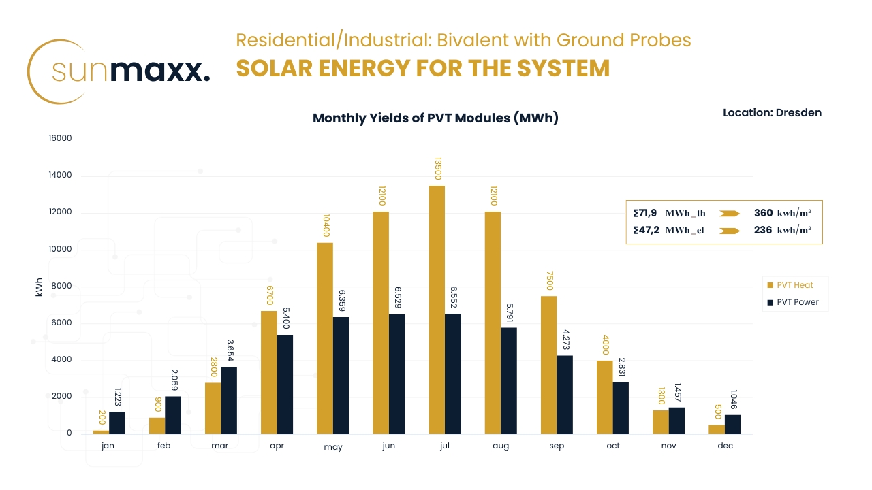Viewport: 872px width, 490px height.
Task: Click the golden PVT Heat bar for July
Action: point(437,310)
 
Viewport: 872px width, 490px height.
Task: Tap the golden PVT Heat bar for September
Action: point(548,365)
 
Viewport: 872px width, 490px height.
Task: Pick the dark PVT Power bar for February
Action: point(173,414)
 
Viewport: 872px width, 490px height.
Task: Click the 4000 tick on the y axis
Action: point(61,360)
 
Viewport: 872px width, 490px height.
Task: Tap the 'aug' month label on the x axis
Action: point(501,446)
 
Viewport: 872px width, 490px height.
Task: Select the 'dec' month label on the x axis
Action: point(725,446)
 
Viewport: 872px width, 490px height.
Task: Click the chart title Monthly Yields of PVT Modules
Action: point(435,118)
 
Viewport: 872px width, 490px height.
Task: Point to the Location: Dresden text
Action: point(772,113)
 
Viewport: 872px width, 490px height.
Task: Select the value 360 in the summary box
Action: point(763,213)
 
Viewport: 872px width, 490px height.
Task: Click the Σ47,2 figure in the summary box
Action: point(644,231)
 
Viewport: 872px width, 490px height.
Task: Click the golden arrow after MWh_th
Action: point(730,214)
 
